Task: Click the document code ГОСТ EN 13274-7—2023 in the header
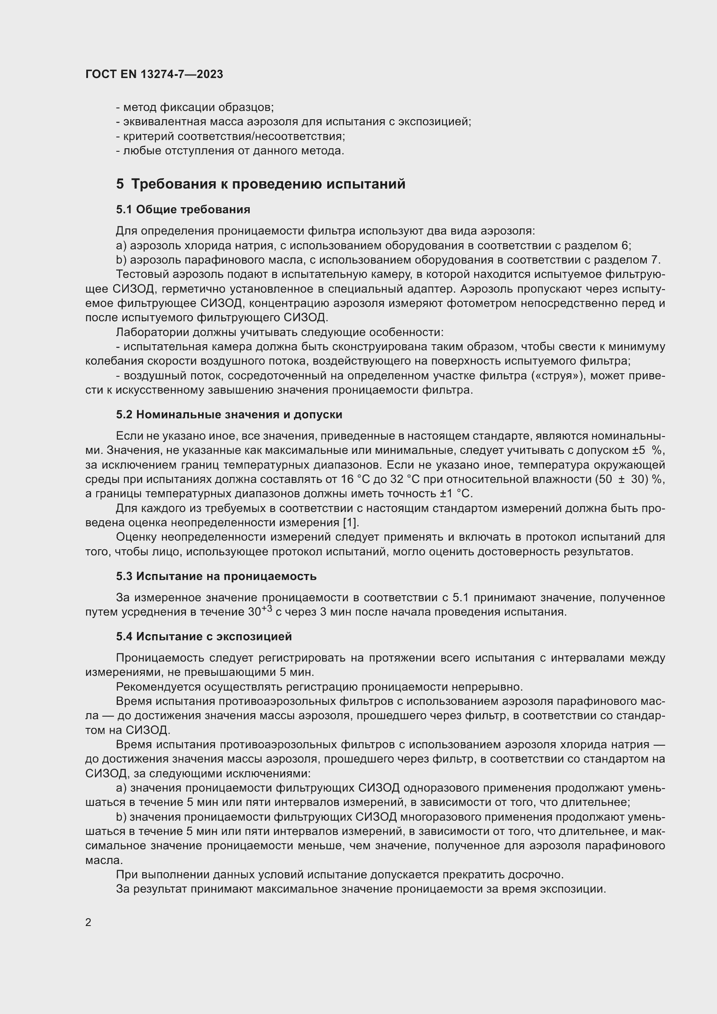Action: pos(154,74)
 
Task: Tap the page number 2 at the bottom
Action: pos(88,922)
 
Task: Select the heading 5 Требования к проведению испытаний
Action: pos(261,184)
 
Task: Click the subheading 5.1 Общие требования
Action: pos(183,209)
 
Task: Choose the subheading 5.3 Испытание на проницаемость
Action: pos(216,576)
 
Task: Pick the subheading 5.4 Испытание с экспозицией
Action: pos(204,636)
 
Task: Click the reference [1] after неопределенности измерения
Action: pos(351,522)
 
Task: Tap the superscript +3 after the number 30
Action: pos(267,609)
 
